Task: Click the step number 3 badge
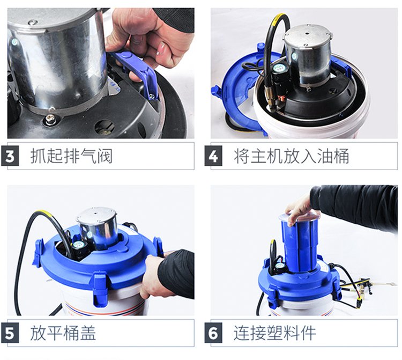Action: [10, 156]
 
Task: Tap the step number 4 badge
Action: [213, 156]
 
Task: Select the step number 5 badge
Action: [10, 333]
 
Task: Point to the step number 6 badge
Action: [213, 333]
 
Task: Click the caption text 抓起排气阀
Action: [71, 156]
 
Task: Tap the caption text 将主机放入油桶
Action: [291, 156]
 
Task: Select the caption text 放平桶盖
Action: [63, 333]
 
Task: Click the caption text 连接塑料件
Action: [274, 333]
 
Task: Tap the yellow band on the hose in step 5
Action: [43, 214]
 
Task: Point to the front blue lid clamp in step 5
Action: [100, 289]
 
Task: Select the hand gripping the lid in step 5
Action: [151, 275]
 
